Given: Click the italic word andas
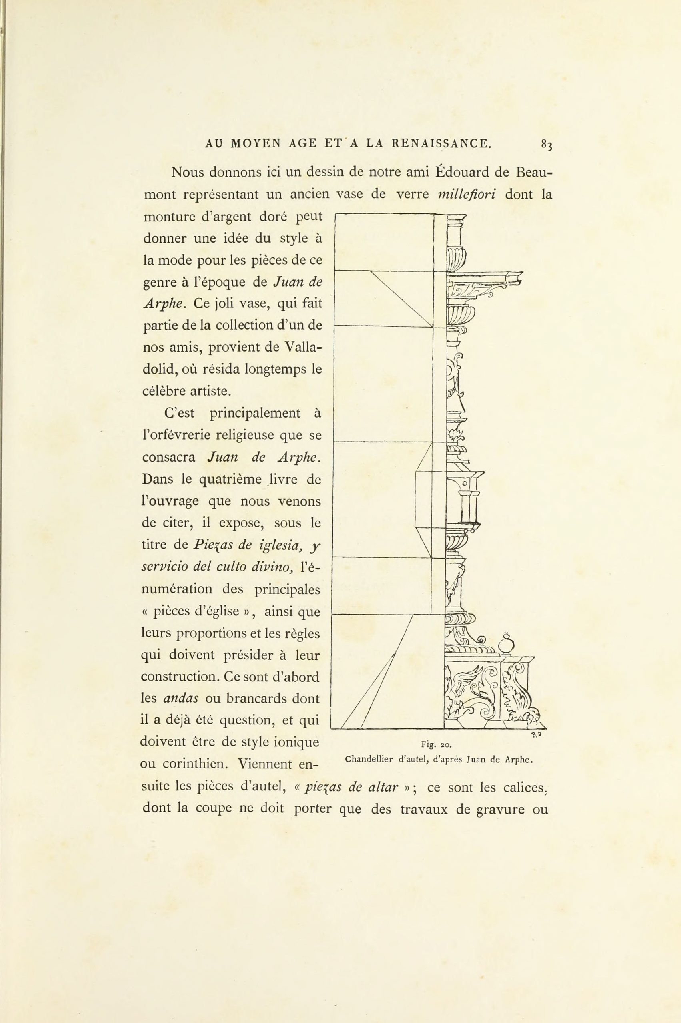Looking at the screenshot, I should pyautogui.click(x=181, y=699).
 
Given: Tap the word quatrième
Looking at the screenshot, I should pyautogui.click(x=226, y=479).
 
